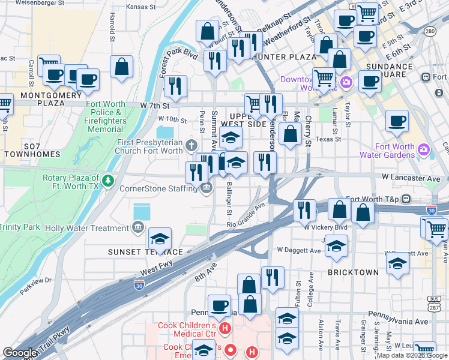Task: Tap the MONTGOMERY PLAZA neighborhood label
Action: pyautogui.click(x=42, y=95)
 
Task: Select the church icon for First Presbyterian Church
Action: pyautogui.click(x=191, y=145)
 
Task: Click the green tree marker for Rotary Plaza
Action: pyautogui.click(x=108, y=181)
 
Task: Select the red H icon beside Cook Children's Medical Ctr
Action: pyautogui.click(x=225, y=328)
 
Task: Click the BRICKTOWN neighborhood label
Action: pyautogui.click(x=353, y=272)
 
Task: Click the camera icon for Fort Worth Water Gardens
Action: pyautogui.click(x=424, y=148)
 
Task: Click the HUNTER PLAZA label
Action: pyautogui.click(x=285, y=57)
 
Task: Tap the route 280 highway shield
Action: pyautogui.click(x=431, y=31)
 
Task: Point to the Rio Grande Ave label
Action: pyautogui.click(x=245, y=216)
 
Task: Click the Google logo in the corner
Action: pyautogui.click(x=20, y=353)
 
